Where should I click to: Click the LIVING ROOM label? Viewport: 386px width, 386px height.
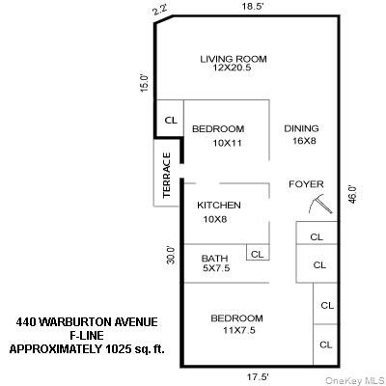click(233, 59)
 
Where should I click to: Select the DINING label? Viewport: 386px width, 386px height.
click(301, 128)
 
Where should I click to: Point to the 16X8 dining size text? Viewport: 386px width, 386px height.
click(303, 141)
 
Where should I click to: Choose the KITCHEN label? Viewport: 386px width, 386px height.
click(218, 206)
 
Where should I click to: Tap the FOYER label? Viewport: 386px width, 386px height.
click(306, 184)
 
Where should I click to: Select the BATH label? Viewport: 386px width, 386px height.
click(214, 259)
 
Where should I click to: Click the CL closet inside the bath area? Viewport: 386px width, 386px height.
click(258, 254)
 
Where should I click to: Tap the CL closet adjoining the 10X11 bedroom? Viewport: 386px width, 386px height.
click(170, 121)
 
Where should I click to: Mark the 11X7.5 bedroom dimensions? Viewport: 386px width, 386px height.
click(237, 331)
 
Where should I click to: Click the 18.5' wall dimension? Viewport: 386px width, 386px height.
click(253, 6)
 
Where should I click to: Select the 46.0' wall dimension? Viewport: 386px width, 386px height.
click(353, 194)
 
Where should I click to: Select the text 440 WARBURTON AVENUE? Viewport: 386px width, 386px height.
click(87, 321)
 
